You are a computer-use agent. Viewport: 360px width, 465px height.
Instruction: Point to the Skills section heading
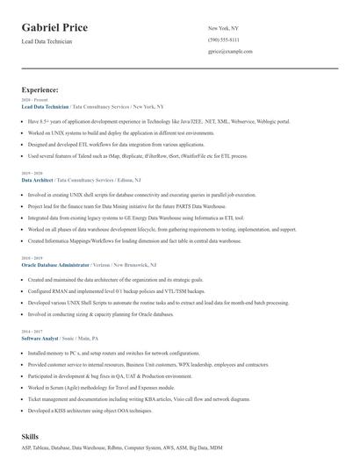pyautogui.click(x=31, y=435)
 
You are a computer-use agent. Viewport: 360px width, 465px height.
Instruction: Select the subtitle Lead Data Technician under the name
pyautogui.click(x=47, y=41)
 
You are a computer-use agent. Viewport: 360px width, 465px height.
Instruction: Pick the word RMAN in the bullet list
pyautogui.click(x=56, y=289)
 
